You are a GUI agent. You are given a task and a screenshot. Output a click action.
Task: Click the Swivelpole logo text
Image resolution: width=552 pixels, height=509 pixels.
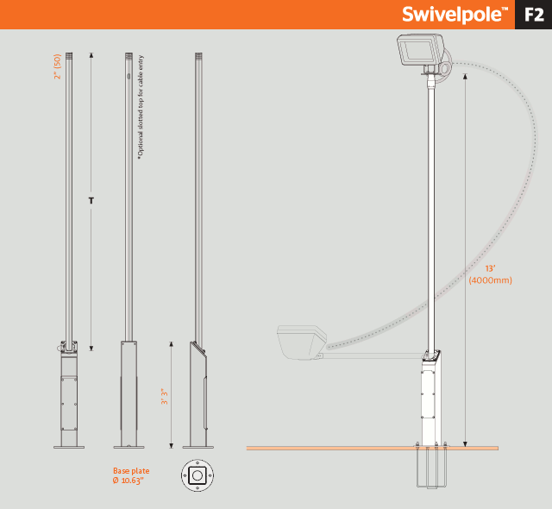[455, 15]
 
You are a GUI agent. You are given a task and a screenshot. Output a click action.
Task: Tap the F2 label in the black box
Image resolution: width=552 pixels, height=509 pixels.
[534, 15]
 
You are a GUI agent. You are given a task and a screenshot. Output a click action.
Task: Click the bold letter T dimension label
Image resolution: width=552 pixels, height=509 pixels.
[91, 201]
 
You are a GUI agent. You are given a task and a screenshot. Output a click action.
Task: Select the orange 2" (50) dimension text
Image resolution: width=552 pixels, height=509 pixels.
[58, 66]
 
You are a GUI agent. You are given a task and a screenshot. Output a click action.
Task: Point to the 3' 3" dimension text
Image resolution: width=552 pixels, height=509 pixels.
[165, 396]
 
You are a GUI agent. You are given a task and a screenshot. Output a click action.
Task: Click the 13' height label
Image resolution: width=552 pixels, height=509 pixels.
[490, 268]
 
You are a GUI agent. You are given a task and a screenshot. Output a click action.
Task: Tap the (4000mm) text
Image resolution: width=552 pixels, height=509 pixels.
[490, 280]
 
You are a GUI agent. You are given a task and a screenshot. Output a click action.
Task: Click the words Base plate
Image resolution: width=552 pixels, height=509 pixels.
[131, 471]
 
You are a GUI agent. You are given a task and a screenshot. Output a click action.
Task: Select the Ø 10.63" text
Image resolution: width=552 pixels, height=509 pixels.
[129, 481]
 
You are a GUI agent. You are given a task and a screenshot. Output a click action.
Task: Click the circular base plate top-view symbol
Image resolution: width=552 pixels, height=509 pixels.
[198, 475]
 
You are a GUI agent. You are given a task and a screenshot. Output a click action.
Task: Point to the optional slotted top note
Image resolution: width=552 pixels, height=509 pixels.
[141, 107]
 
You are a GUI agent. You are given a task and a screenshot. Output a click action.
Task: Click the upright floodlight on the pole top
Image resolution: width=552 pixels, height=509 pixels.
[422, 50]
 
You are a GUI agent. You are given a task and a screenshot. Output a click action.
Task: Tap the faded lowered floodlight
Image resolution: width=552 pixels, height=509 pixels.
[302, 342]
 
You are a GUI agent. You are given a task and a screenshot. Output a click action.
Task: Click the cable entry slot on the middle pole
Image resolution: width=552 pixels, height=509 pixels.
[129, 76]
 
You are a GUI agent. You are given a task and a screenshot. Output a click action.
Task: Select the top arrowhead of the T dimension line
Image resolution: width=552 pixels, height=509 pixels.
[91, 55]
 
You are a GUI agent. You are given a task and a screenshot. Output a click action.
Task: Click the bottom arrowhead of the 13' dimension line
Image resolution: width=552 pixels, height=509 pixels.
[465, 444]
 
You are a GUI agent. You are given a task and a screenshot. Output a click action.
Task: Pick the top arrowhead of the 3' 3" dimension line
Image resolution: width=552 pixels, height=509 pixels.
[172, 344]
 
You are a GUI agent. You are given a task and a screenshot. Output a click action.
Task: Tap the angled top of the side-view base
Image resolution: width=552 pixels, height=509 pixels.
[198, 349]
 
